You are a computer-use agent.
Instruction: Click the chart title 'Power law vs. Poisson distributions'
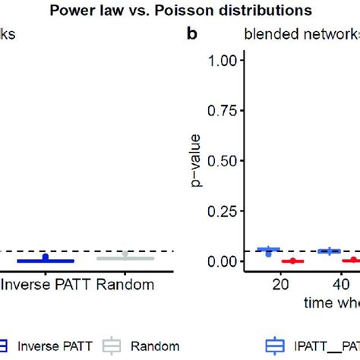coord(180,11)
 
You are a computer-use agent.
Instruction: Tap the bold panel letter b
coord(194,35)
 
